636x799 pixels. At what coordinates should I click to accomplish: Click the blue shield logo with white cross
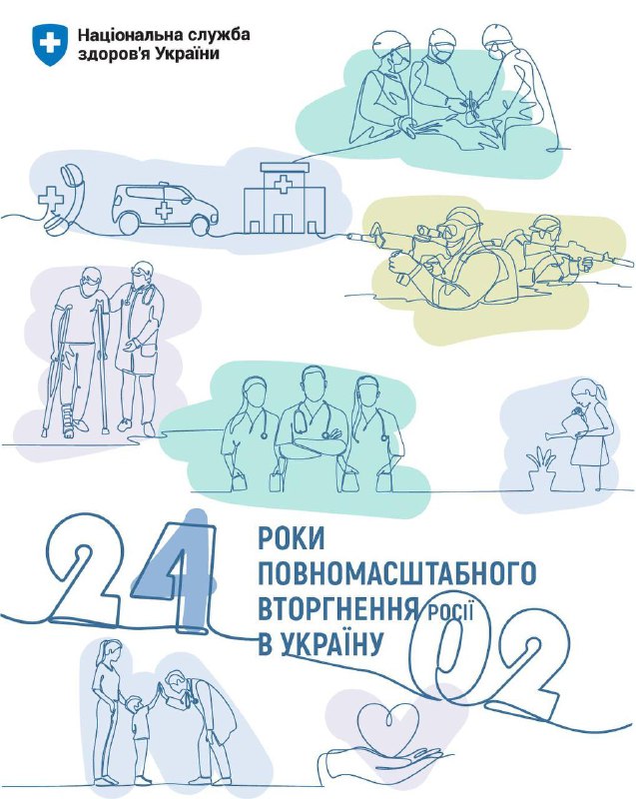49,43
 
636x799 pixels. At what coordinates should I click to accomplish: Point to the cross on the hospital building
282,184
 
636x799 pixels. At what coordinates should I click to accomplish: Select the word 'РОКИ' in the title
292,539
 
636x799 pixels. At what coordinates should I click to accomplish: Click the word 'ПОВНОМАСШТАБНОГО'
397,573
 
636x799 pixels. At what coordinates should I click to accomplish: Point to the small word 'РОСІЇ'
450,611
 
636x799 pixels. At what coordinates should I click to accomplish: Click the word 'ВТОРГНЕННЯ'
338,608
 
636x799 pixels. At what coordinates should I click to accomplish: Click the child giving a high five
141,734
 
